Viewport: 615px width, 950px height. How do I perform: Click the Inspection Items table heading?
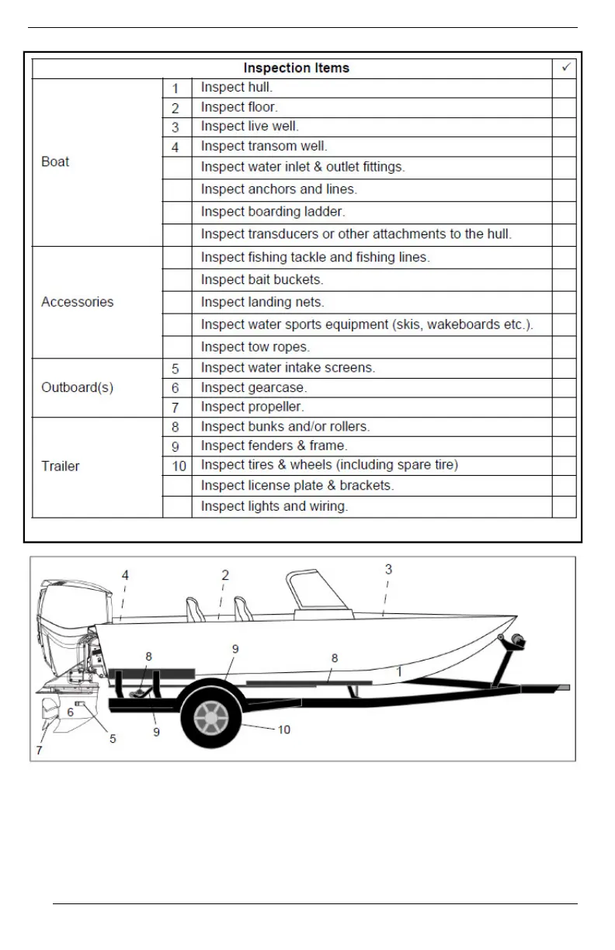[296, 68]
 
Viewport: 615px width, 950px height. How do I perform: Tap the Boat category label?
[55, 161]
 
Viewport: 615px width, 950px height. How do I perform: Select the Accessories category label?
[77, 302]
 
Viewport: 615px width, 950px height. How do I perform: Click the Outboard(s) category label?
[77, 387]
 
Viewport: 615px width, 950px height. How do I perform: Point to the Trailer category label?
[61, 466]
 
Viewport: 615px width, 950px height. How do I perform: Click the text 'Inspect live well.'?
[249, 127]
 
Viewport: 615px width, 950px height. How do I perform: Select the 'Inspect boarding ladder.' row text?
[273, 212]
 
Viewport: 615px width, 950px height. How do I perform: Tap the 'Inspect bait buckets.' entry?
[262, 279]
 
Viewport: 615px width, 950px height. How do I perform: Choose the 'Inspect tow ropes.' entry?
[255, 347]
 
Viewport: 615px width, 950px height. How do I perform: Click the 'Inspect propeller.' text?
[252, 407]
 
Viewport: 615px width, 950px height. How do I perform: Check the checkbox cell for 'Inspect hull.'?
[564, 88]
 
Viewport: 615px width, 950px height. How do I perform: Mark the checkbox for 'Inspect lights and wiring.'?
[564, 507]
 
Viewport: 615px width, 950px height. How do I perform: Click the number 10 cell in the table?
[178, 466]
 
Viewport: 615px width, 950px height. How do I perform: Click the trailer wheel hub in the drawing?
[211, 719]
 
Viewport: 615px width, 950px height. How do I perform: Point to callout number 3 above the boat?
[388, 569]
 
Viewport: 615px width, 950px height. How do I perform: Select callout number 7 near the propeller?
[39, 751]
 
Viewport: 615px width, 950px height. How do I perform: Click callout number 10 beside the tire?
[284, 730]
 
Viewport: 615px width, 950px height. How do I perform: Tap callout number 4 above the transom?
[125, 575]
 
